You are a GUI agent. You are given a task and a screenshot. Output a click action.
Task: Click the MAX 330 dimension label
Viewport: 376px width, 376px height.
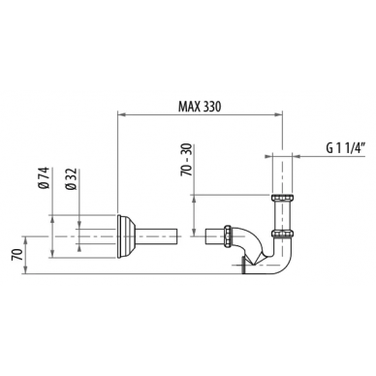[x=200, y=107]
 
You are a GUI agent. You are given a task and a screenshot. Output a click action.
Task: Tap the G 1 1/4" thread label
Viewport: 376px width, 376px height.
[x=345, y=148]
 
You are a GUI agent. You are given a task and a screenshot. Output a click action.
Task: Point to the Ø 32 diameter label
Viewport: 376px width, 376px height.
[x=71, y=178]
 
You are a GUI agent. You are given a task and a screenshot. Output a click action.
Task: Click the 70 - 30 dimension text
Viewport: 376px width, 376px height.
[x=186, y=160]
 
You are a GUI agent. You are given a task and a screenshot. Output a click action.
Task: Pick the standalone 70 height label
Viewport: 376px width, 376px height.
[x=17, y=255]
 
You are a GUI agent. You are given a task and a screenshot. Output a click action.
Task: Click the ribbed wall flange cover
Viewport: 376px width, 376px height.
[x=125, y=236]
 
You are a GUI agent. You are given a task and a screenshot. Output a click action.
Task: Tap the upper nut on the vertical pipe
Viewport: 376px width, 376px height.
[x=283, y=198]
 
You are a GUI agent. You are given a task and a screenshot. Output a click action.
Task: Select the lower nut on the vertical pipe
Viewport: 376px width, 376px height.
[x=283, y=234]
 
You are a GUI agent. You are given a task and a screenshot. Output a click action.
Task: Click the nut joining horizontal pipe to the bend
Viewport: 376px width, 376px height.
[x=228, y=236]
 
